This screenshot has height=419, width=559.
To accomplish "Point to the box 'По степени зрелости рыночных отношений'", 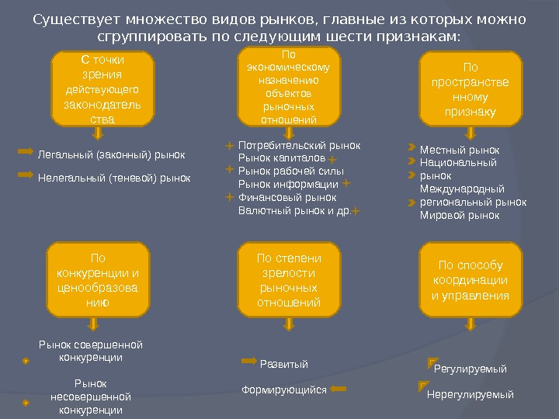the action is click(289, 279).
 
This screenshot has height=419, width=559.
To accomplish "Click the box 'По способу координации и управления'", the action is click(470, 279).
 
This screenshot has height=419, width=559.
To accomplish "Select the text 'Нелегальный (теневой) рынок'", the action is click(114, 178).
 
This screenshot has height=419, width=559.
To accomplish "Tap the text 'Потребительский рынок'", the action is click(299, 144).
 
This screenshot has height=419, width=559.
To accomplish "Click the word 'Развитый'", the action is click(283, 364).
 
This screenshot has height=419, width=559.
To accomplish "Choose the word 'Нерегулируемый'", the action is click(470, 394).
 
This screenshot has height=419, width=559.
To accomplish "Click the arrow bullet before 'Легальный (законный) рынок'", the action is click(25, 154).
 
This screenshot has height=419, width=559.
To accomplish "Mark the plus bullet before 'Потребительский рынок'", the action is click(230, 144).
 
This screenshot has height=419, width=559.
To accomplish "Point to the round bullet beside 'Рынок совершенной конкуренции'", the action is click(26, 361).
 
